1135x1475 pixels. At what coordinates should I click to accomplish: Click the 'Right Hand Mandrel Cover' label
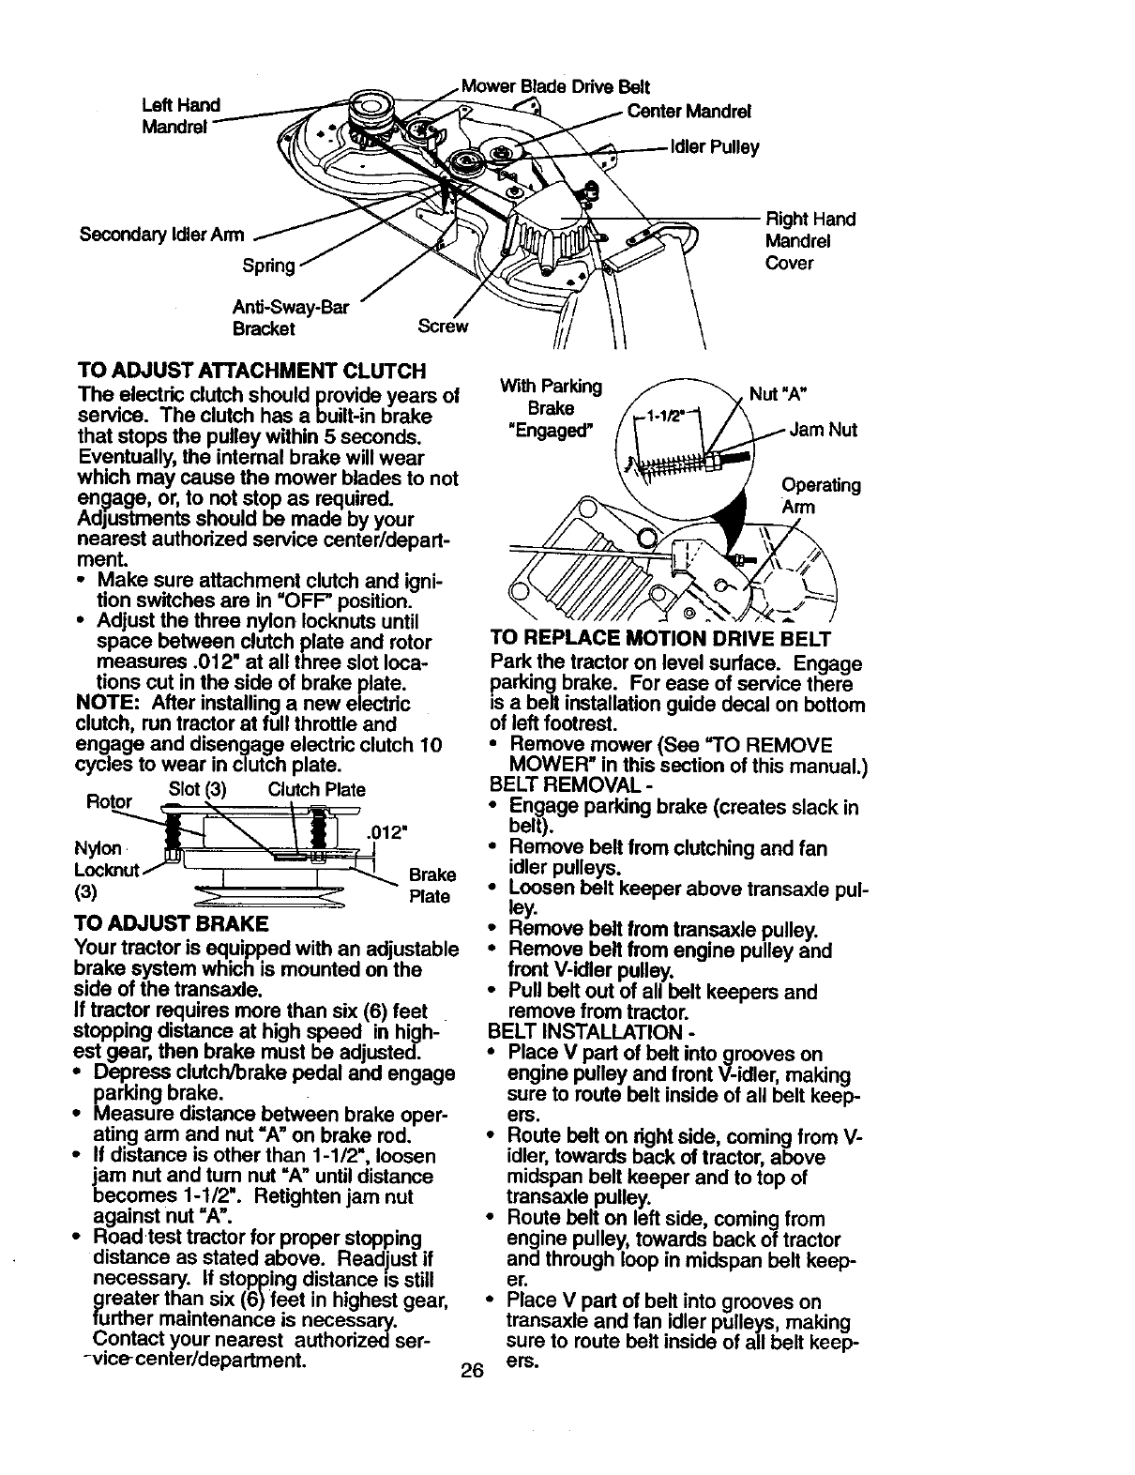[810, 241]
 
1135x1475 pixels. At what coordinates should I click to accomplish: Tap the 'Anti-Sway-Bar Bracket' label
[277, 318]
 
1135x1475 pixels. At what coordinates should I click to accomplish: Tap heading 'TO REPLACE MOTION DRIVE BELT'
[660, 640]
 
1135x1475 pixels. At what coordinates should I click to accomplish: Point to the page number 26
[472, 1371]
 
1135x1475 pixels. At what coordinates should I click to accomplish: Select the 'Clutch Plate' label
[316, 789]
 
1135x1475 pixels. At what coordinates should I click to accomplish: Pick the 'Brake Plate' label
[431, 886]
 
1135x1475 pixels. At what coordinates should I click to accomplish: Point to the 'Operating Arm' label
[820, 495]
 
